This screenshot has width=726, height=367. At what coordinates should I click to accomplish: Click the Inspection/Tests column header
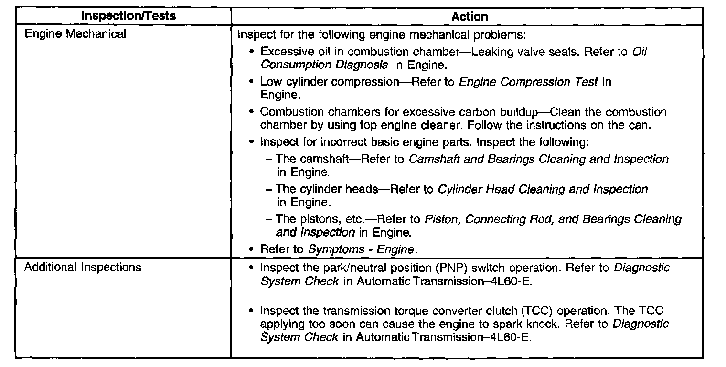(128, 16)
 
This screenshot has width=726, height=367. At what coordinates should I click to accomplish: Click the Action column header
(470, 17)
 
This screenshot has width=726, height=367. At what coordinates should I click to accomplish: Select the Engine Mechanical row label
(75, 34)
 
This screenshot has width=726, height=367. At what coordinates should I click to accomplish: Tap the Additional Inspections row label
(83, 267)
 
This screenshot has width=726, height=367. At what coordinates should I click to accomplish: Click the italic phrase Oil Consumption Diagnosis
(453, 58)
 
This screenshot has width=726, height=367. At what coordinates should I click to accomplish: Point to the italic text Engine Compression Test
(528, 82)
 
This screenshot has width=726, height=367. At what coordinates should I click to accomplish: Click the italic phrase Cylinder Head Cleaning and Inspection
(543, 189)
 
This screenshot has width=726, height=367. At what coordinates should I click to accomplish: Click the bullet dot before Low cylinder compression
(251, 82)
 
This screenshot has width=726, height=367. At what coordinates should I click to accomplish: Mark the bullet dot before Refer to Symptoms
(251, 249)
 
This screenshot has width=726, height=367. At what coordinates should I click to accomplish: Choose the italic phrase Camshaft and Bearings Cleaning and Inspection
(539, 159)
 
